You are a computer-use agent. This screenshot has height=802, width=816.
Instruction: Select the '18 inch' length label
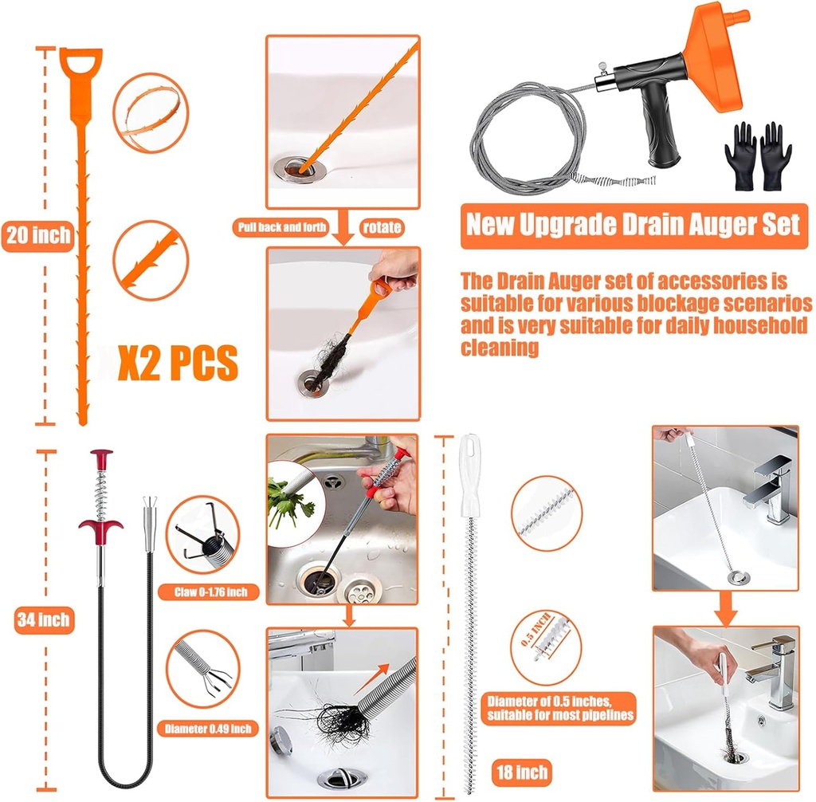(520, 771)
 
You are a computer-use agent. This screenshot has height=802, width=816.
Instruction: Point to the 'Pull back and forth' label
(282, 227)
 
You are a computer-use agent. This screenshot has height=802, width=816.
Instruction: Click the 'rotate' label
(381, 227)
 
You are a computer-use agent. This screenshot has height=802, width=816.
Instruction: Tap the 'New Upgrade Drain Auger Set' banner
(632, 224)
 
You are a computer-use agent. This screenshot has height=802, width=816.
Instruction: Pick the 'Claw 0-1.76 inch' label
(216, 592)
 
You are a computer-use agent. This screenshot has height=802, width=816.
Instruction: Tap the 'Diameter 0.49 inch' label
(208, 728)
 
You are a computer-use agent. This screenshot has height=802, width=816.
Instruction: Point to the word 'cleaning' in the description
(500, 347)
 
